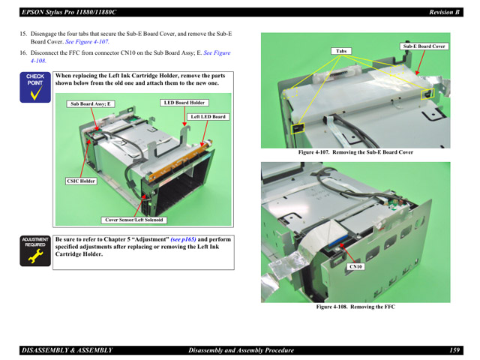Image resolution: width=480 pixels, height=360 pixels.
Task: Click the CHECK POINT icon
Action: tap(35, 85)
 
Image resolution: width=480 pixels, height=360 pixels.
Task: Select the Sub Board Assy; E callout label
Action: tap(90, 104)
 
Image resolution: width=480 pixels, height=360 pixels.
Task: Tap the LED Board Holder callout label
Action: tap(184, 103)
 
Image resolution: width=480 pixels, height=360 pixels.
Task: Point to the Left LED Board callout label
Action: tap(207, 117)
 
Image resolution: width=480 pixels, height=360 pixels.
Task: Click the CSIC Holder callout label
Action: tap(82, 181)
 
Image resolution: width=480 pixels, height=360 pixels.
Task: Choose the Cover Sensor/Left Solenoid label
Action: tap(134, 220)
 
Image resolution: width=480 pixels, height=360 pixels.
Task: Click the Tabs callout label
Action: tap(342, 52)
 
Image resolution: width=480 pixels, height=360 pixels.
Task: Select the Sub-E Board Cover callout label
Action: tap(424, 46)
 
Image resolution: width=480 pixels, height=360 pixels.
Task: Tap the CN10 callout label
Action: tap(355, 266)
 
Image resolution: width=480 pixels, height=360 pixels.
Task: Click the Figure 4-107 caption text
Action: tap(355, 152)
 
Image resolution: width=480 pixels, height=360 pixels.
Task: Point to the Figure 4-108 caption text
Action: tap(355, 307)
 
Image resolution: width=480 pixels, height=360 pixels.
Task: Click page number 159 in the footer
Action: tap(454, 350)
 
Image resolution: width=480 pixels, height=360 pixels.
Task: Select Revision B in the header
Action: tap(444, 12)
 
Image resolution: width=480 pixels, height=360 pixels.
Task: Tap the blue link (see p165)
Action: tap(183, 239)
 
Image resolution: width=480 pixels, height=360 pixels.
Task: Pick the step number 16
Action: tap(23, 53)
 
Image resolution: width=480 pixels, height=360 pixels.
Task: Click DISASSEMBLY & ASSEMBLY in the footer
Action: tap(67, 350)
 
